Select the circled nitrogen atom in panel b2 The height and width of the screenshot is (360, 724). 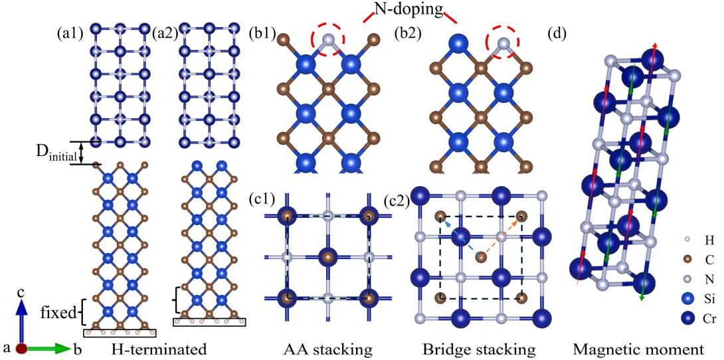[505, 44]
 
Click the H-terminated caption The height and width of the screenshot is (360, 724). [157, 347]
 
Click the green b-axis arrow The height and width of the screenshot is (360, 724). [48, 348]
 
